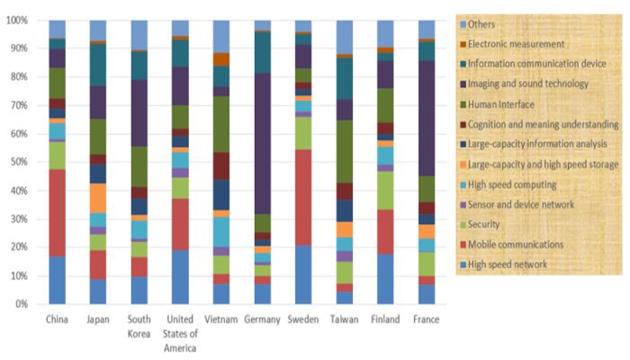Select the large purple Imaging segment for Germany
[x=262, y=144]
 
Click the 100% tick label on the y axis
[x=21, y=20]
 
